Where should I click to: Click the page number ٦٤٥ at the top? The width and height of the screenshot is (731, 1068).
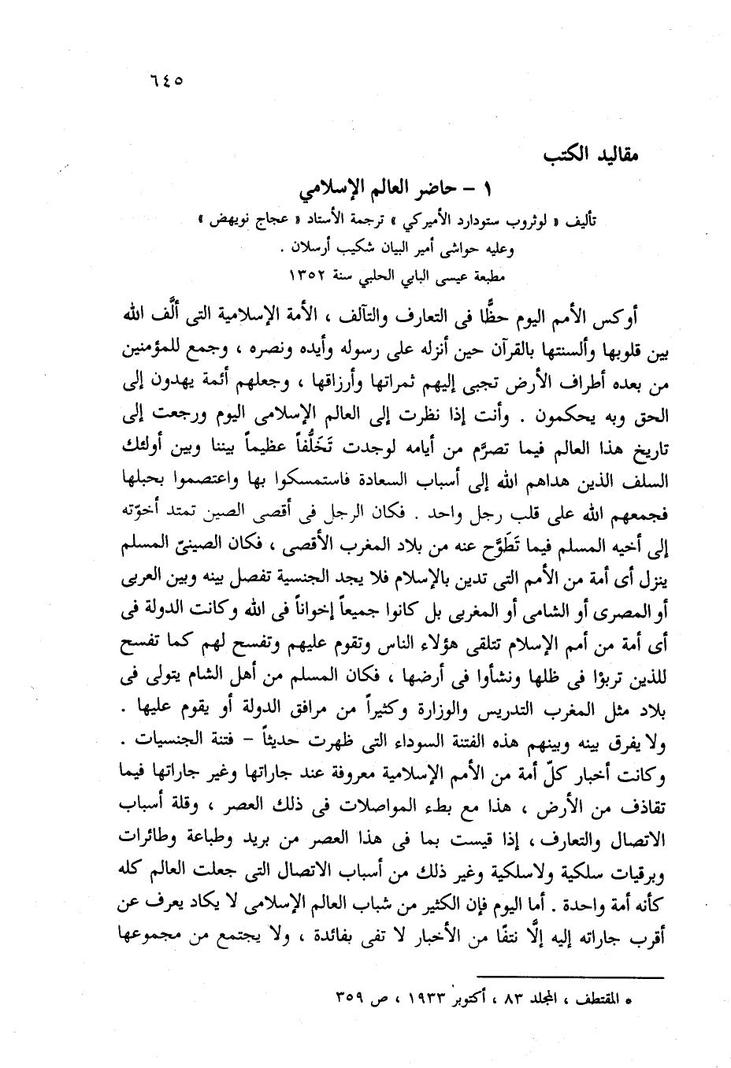(165, 80)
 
